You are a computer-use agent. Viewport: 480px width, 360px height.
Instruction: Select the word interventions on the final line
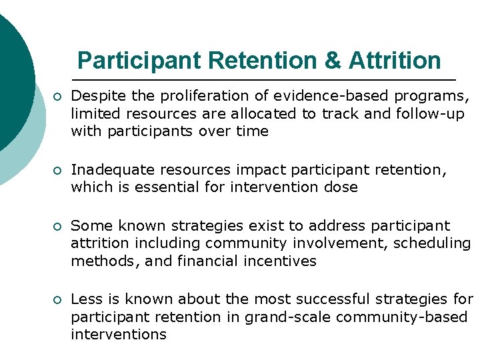[118, 334]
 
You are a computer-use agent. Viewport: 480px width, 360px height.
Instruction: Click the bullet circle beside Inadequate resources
[58, 171]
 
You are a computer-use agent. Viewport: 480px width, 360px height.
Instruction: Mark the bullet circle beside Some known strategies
[58, 227]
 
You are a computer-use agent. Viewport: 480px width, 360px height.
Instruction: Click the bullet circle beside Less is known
[58, 300]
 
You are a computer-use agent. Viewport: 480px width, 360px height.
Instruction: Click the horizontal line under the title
[267, 79]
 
